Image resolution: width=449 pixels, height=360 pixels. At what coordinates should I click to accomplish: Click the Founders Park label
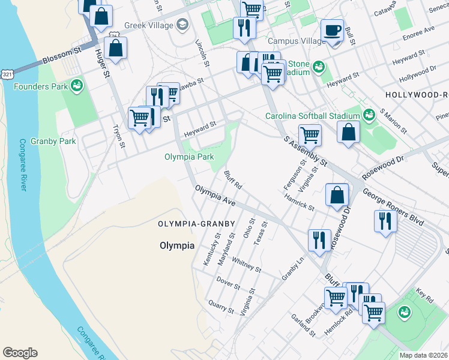[40, 86]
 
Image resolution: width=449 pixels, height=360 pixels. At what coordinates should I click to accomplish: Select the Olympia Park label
[189, 157]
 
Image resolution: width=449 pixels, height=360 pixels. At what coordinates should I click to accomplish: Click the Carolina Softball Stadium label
[313, 116]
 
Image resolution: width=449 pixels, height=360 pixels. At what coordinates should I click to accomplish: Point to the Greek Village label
[149, 25]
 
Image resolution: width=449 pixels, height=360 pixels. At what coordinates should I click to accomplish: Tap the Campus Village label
[294, 41]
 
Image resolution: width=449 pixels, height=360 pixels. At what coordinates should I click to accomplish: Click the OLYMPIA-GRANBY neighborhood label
[196, 224]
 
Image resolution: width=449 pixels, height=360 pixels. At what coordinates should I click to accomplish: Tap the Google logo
[20, 353]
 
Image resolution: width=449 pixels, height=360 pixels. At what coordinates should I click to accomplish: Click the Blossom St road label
[62, 57]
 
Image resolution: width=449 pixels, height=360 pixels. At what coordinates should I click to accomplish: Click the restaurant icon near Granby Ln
[319, 239]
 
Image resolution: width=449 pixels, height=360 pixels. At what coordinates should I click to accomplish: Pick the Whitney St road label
[246, 265]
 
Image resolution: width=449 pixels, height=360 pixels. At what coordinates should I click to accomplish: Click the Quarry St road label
[221, 307]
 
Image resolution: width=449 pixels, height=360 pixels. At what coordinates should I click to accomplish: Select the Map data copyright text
[424, 355]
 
